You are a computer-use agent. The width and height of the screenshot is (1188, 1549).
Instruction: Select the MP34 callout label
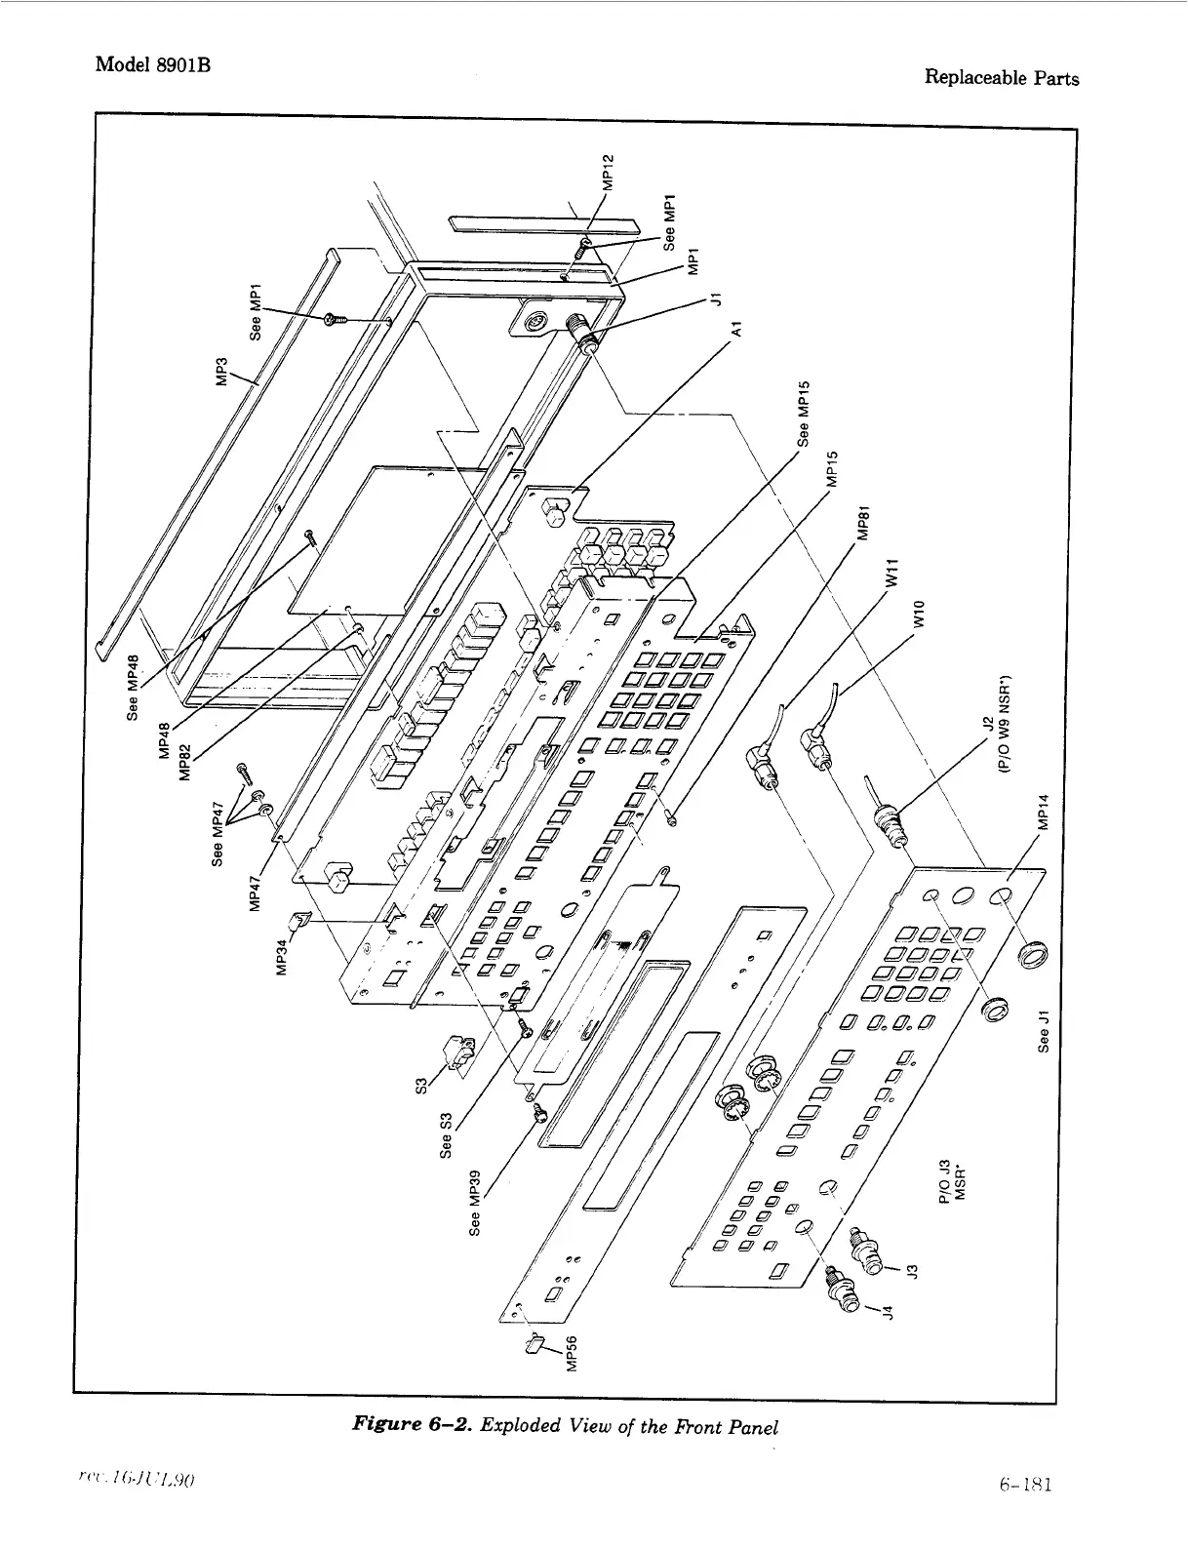282,955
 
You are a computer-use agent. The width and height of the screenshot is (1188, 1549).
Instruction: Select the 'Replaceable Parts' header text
1001,78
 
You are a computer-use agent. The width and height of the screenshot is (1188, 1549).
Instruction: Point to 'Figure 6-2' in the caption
411,1427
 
